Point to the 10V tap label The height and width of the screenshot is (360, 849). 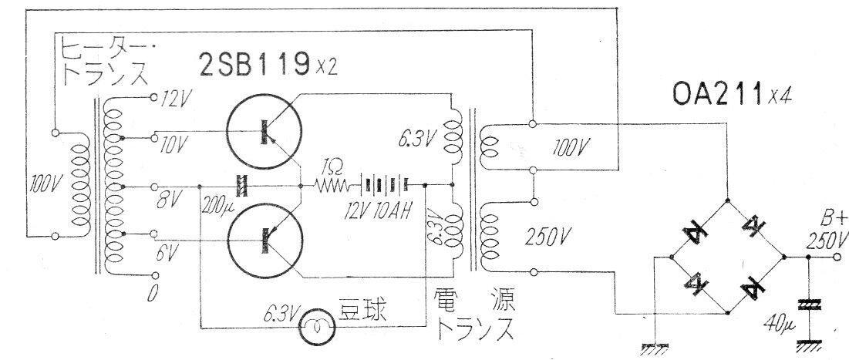point(174,143)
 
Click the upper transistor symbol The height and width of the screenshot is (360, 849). point(264,132)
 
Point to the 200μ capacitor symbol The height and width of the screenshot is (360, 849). point(241,187)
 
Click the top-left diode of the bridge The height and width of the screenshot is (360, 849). point(699,234)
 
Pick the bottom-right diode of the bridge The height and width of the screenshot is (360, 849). point(753,286)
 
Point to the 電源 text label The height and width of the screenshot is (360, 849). point(474,300)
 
